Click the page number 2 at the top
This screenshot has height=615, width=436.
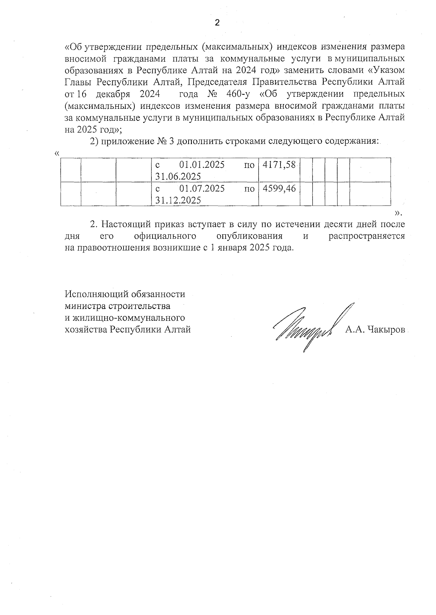(x=217, y=23)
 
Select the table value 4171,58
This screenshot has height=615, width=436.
(x=279, y=165)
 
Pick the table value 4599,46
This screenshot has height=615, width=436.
(x=279, y=189)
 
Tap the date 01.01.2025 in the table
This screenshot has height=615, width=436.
(x=202, y=165)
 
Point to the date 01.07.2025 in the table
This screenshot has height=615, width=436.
(x=202, y=189)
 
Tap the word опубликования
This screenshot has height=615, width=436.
(x=249, y=236)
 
